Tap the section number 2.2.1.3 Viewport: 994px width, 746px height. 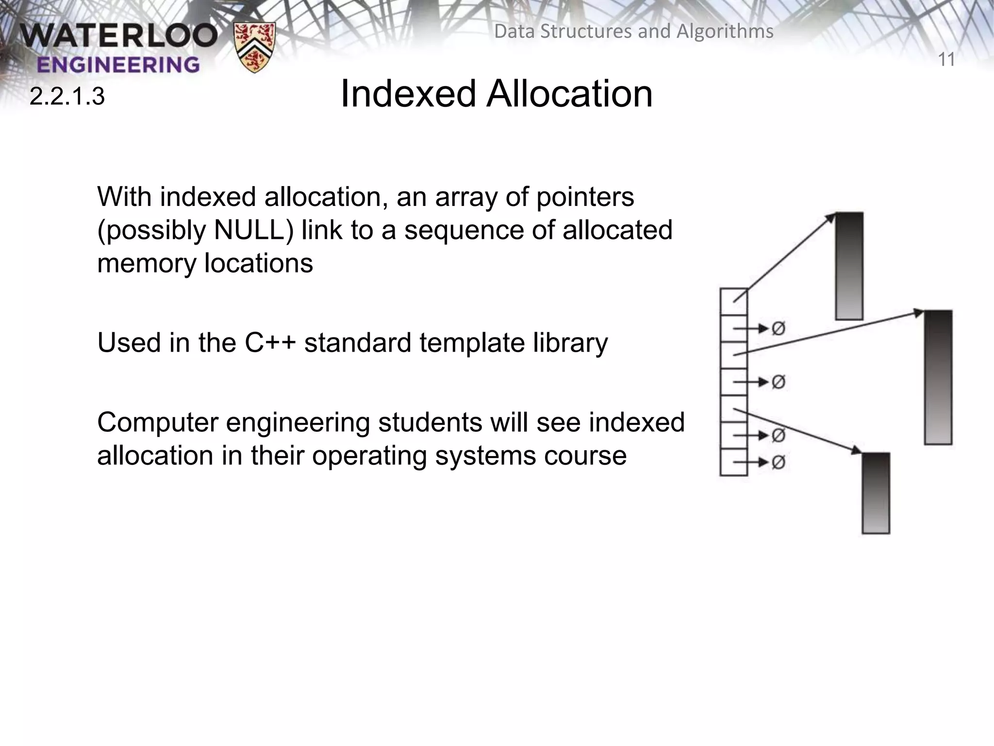point(67,97)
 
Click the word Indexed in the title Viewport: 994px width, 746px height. point(408,94)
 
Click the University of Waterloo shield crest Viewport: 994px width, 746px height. point(254,47)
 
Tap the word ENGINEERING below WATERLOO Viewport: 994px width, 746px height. point(118,65)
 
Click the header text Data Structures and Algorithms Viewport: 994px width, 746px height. point(633,32)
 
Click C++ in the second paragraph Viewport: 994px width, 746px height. point(270,343)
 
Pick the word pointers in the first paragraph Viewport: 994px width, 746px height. point(585,197)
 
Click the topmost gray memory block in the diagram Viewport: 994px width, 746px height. point(849,266)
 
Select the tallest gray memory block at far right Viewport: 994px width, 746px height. point(938,377)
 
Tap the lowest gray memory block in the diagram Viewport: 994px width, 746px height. point(876,493)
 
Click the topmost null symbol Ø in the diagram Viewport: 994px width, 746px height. point(778,329)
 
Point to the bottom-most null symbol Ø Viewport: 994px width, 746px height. point(778,462)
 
